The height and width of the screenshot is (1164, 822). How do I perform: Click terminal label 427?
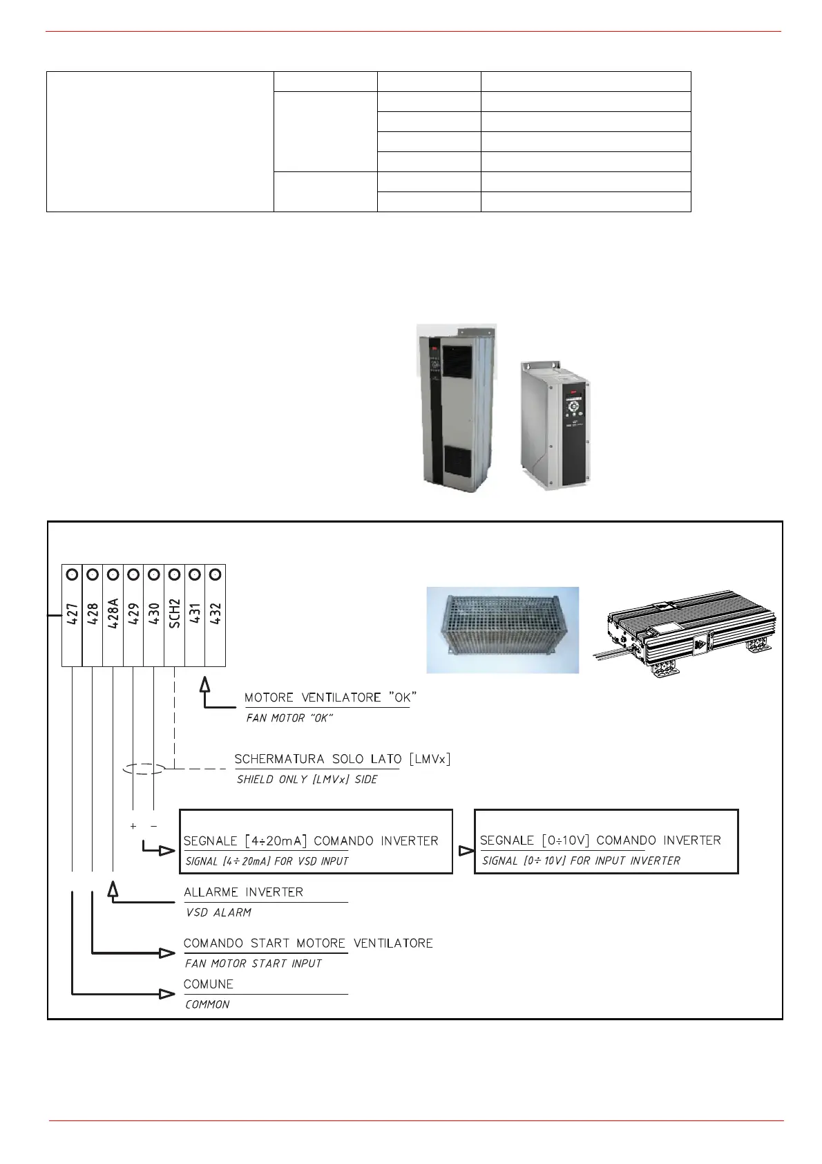point(72,614)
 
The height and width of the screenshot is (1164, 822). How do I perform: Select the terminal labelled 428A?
point(113,613)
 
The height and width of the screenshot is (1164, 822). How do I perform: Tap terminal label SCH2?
point(175,614)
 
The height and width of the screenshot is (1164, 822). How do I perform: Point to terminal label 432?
point(216,614)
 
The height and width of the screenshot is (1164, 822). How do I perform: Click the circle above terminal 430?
point(154,574)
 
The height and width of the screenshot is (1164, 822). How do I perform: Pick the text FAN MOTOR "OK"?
point(289,718)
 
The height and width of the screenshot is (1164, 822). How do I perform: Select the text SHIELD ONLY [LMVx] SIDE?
point(307,780)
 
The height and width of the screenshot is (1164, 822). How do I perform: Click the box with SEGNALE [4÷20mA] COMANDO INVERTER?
point(316,841)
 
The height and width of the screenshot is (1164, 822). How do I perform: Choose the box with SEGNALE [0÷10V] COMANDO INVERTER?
point(606,841)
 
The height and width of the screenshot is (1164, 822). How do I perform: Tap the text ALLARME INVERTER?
point(243,892)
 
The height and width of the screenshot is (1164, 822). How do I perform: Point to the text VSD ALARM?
point(218,913)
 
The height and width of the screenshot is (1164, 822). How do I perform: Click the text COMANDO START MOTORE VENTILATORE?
point(308,944)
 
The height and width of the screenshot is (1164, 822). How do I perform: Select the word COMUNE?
point(209,984)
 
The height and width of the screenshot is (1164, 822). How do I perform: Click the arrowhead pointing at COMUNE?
point(167,994)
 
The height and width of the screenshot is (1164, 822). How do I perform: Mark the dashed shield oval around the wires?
point(144,769)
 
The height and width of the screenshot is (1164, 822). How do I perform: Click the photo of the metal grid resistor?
point(502,630)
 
